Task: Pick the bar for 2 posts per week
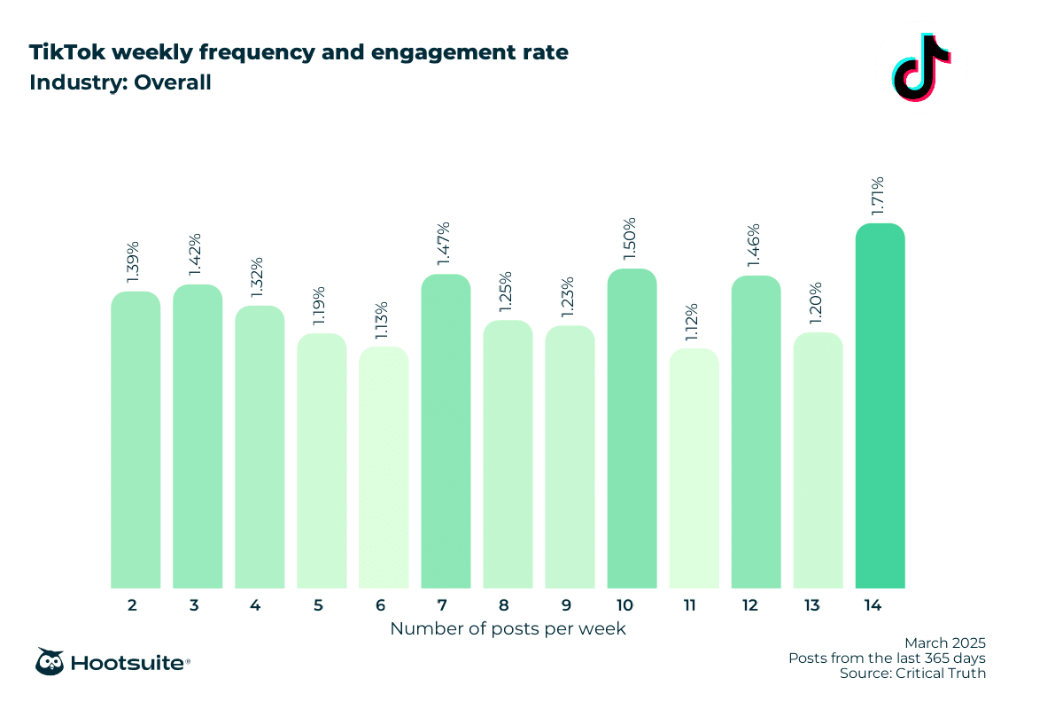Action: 136,440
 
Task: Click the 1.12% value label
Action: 694,324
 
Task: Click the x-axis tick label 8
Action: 503,606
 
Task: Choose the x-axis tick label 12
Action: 751,606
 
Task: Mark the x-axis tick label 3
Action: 193,606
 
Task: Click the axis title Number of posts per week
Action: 508,629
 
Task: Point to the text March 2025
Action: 944,643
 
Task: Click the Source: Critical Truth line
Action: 912,674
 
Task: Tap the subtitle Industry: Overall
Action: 120,83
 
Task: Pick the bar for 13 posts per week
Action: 818,460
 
